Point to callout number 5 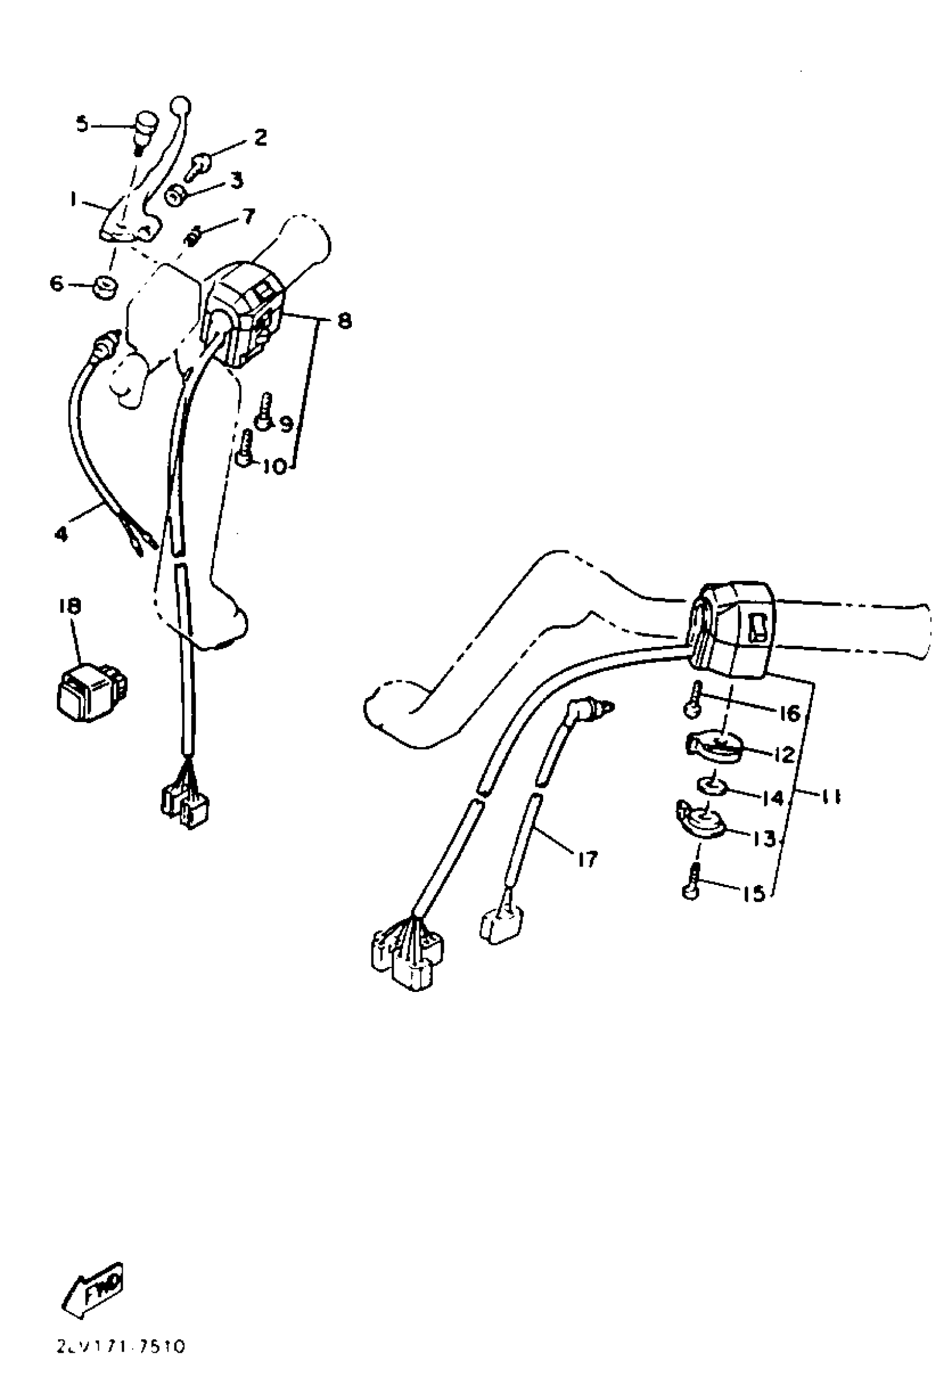[x=82, y=124]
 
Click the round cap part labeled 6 [x=105, y=287]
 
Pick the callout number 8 [x=345, y=321]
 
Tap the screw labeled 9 [x=264, y=410]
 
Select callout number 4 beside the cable [x=62, y=533]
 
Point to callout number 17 [x=587, y=860]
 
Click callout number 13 [x=765, y=839]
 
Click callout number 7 [x=247, y=216]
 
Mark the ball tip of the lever [x=181, y=105]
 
